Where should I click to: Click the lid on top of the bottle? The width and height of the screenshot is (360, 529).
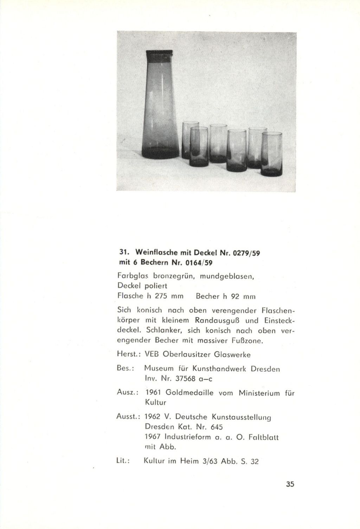click(160, 55)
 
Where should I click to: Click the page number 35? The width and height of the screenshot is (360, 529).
click(290, 484)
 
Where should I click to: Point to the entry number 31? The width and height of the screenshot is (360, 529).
click(123, 253)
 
